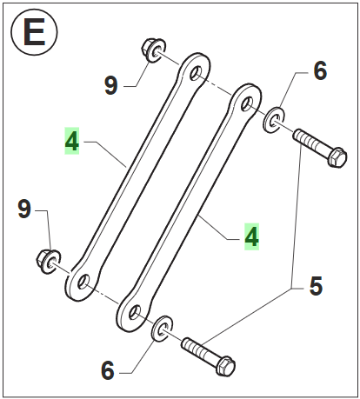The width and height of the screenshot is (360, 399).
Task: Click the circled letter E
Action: coord(34,32)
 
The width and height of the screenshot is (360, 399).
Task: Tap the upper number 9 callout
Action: coord(111,85)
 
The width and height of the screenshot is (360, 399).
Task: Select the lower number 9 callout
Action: coord(24,209)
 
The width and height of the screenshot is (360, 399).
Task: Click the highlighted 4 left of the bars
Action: coord(71,141)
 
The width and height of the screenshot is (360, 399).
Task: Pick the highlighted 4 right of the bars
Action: coord(251,236)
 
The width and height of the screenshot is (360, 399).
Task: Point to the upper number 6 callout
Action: coord(320,70)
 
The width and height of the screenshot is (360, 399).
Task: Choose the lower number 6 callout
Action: coord(108,370)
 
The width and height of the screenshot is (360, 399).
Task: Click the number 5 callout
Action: coord(316,286)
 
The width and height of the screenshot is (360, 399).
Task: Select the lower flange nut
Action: coord(49,261)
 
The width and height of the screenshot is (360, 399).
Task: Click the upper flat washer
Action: coord(274,120)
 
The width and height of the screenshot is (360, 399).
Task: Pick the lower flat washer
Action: coord(162,329)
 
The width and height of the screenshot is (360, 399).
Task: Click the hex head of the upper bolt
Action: coord(337,157)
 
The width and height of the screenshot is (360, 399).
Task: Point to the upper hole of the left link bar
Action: coord(196,72)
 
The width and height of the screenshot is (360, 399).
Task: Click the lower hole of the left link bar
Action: coord(83,282)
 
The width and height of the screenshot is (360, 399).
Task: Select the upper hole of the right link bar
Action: coord(247,104)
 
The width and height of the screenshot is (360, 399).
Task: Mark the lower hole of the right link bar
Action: coord(135,313)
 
